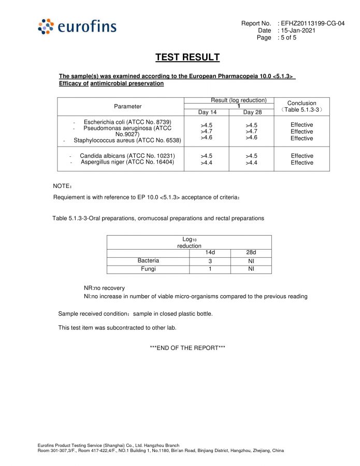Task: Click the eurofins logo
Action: coord(77,26)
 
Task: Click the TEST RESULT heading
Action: coord(188,57)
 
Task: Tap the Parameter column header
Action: coord(128,106)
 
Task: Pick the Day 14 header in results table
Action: coord(207,112)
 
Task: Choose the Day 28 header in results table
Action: coord(252,112)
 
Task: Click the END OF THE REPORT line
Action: coord(187,347)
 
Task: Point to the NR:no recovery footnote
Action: coord(104,288)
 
